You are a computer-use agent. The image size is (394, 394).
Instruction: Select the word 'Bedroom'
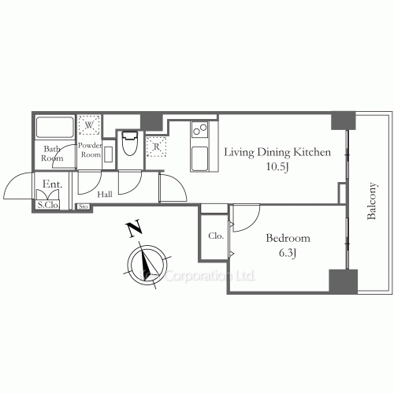click(288, 238)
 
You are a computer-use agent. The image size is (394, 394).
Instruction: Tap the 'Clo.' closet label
click(215, 236)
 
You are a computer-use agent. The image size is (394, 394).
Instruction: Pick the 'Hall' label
click(104, 194)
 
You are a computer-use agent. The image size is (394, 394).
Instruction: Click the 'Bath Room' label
click(52, 154)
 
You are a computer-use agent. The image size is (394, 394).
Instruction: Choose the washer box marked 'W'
click(89, 125)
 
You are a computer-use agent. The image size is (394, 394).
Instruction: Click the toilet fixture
click(130, 146)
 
